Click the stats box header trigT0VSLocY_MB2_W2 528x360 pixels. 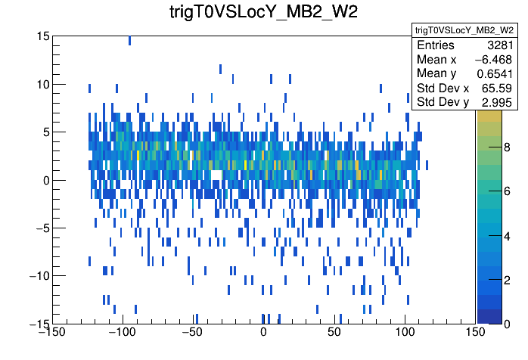tap(464, 29)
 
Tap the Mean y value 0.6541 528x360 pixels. tap(496, 73)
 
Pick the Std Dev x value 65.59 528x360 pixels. tap(498, 88)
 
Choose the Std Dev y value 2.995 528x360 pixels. tap(498, 102)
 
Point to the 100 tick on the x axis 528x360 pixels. tap(405, 332)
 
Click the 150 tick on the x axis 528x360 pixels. tap(475, 332)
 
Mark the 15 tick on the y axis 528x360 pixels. tap(42, 36)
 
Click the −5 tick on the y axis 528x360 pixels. tap(39, 228)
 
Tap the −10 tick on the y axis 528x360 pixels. tap(36, 275)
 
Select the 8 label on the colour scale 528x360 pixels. tap(506, 150)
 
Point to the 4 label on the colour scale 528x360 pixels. tap(506, 237)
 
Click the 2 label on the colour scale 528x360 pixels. tap(506, 280)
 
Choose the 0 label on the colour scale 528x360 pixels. tap(506, 323)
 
